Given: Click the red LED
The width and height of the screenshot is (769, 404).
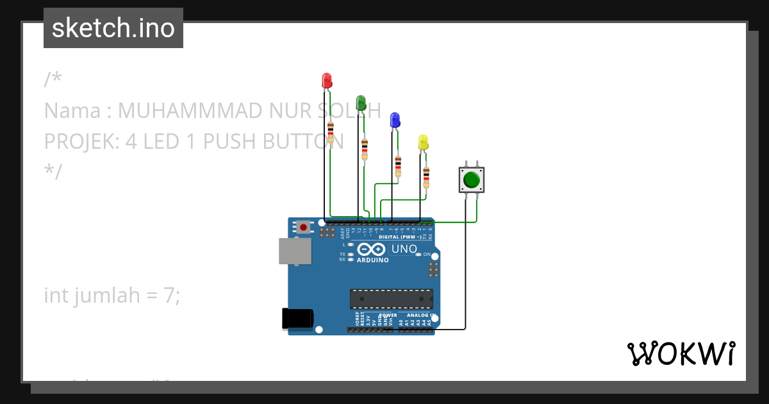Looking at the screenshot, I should [x=327, y=81].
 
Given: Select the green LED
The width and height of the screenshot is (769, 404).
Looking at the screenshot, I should [x=361, y=103].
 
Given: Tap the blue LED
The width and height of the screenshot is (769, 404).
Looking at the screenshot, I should [x=395, y=119].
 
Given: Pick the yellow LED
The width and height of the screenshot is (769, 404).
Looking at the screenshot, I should [x=423, y=142].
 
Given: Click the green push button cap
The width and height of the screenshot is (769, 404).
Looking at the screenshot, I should [x=472, y=180].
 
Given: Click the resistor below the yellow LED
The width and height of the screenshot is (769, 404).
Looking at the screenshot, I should [x=426, y=177].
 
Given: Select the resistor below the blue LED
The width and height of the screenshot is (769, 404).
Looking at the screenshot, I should [x=398, y=165].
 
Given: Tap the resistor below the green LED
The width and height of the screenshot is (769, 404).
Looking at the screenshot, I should [x=365, y=149].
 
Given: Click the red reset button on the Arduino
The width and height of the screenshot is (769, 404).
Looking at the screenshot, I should [x=303, y=227].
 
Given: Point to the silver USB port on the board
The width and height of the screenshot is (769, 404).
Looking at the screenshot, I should [x=295, y=251].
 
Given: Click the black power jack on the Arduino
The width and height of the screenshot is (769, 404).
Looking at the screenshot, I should [x=297, y=319].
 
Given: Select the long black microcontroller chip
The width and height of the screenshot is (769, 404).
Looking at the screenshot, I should [x=391, y=299].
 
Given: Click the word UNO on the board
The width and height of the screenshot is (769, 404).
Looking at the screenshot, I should [x=404, y=249].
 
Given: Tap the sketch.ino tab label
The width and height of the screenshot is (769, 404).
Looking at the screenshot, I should [x=113, y=28].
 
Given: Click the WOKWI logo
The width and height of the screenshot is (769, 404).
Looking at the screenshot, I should [x=681, y=353].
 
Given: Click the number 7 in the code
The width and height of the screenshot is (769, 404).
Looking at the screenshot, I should [x=169, y=295].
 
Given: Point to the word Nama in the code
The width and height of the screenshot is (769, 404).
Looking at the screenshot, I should [x=72, y=111].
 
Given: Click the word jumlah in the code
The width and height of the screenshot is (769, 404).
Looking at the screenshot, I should [x=107, y=295].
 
